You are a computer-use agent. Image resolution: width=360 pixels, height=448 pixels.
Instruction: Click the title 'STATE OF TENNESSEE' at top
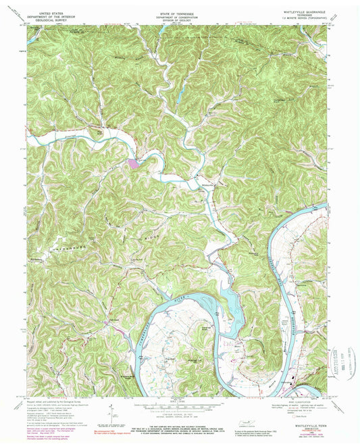coord(180,12)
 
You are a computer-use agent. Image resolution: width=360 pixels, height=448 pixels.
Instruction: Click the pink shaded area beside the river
coord(132,162)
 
